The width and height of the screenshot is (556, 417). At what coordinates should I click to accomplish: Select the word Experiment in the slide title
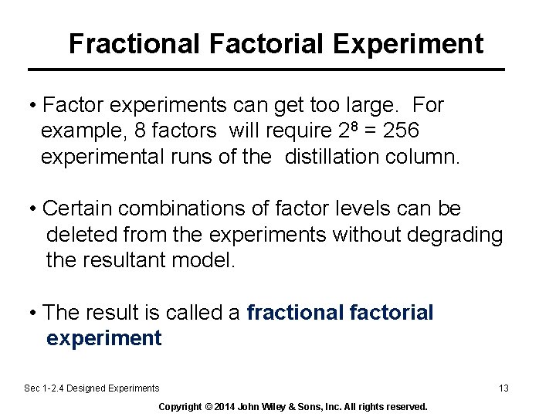(409, 43)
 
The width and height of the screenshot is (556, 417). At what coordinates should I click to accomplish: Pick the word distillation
(334, 157)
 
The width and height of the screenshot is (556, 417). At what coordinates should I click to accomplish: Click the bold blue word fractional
(295, 312)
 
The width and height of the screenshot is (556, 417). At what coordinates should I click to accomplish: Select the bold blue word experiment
(104, 338)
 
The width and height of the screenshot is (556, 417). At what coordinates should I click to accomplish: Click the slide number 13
(503, 388)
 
